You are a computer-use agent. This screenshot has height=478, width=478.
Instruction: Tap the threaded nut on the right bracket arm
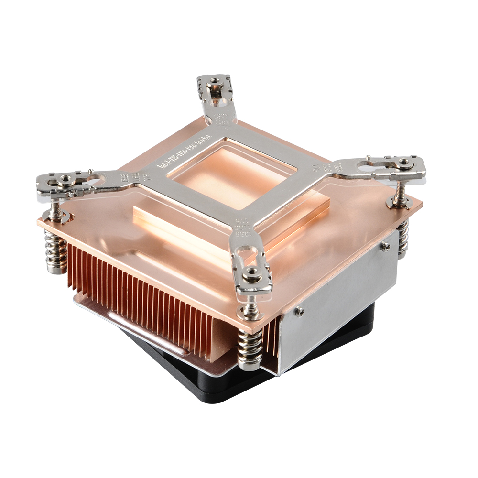pos(405,163)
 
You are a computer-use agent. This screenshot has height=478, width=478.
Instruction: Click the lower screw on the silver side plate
pos(298,312)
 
